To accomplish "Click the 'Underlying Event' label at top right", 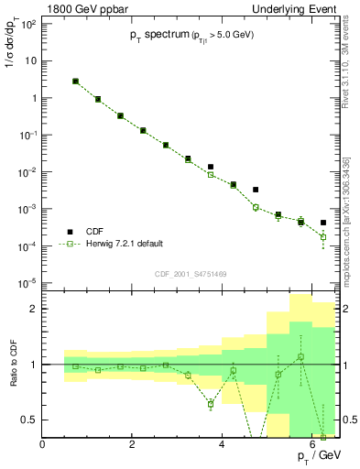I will (293, 10).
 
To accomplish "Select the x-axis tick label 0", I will (42, 444).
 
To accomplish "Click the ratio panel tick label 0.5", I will (28, 420).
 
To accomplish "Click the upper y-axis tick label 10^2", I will (27, 24).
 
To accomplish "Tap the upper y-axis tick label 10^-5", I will (27, 283).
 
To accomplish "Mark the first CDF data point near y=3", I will (76, 81).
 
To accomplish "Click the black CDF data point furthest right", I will (323, 223).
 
